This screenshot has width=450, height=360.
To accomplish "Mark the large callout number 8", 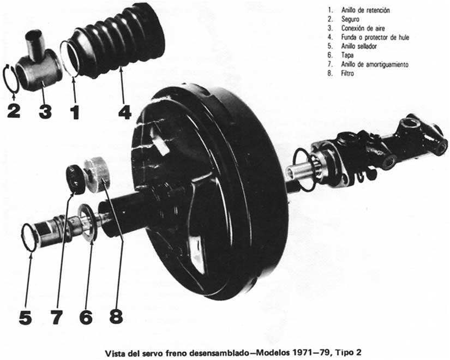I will [116, 316].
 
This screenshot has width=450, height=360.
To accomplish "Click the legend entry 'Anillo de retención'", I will [365, 10].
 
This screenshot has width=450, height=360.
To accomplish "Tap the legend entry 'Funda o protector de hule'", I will [375, 37].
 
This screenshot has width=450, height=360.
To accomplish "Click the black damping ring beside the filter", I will [75, 179].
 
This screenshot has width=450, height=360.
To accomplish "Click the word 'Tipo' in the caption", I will [343, 352].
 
